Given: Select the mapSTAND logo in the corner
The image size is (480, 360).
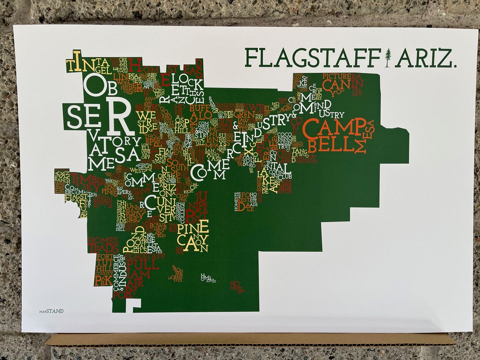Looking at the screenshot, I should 51,311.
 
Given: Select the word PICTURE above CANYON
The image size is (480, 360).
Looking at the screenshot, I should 337,76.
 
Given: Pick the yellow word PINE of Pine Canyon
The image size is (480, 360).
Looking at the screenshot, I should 193,228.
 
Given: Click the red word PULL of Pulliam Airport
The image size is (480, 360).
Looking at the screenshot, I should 142,265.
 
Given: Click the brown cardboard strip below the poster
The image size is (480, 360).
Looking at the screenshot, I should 249,340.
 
